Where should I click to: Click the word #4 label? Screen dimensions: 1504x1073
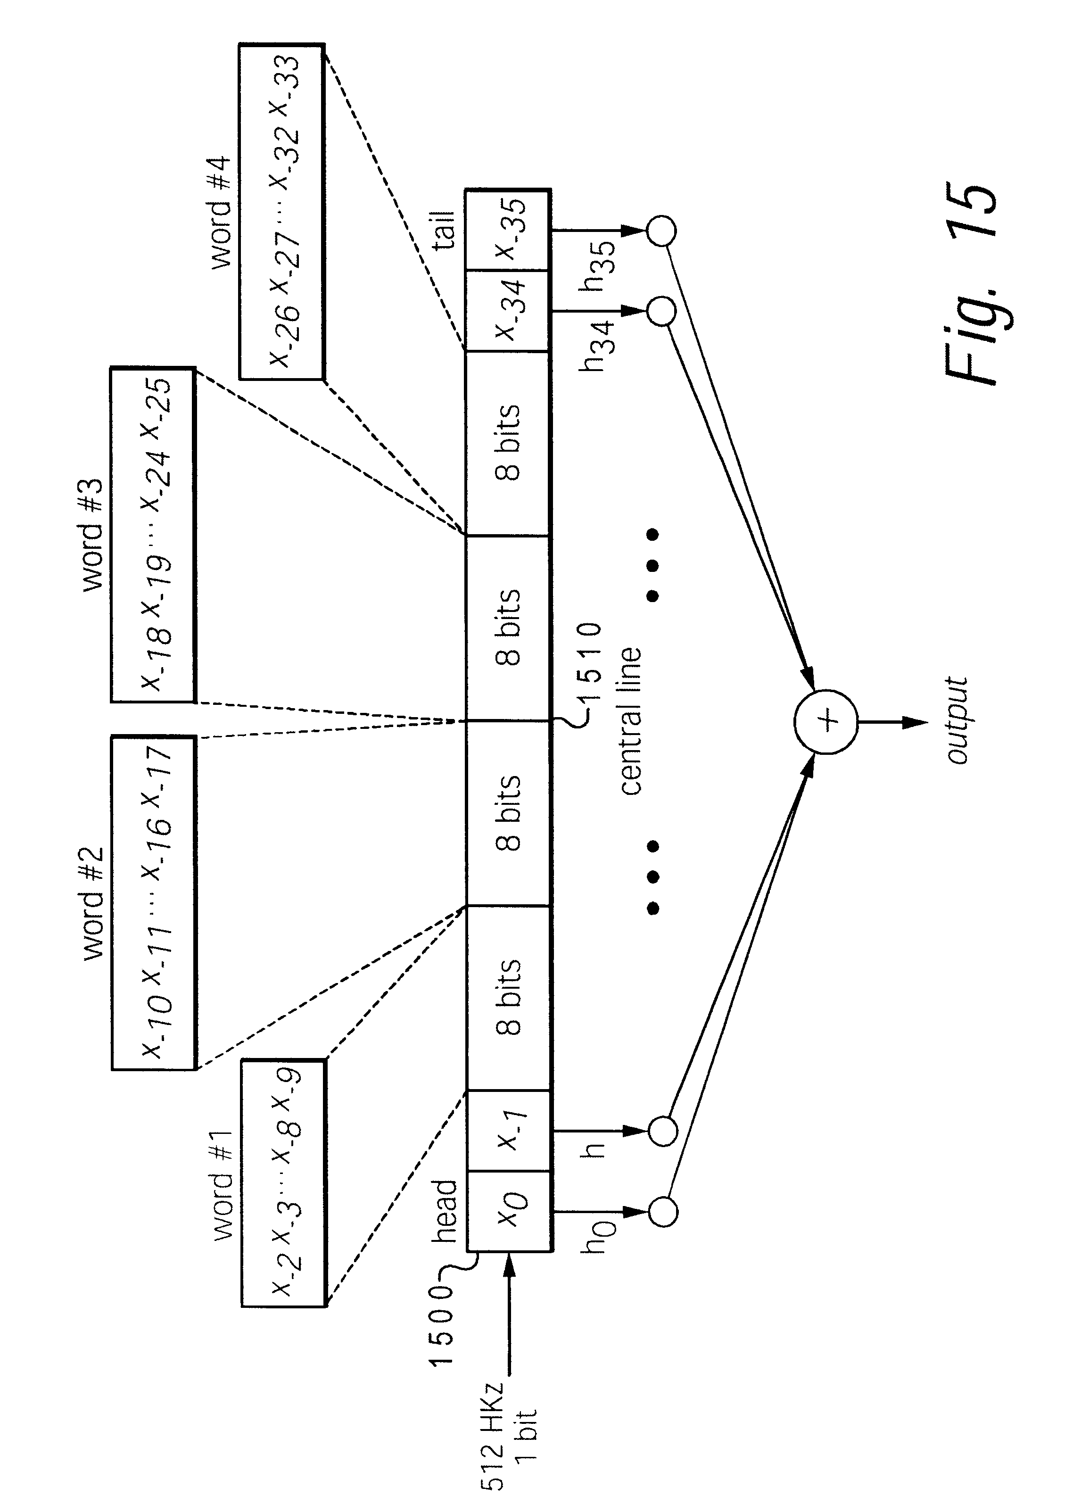(221, 212)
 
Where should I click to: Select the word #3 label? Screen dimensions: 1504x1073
(92, 535)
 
